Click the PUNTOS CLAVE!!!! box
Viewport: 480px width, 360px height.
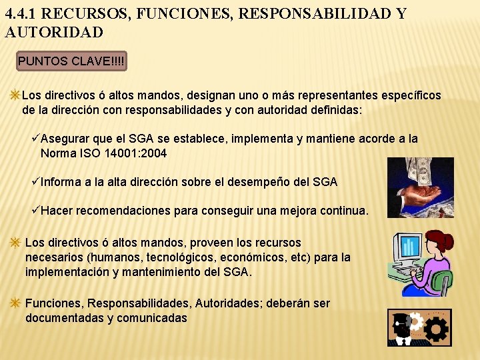pyautogui.click(x=71, y=61)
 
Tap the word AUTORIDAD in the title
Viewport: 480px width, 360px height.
pyautogui.click(x=54, y=32)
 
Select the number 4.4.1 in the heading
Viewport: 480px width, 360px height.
pyautogui.click(x=21, y=14)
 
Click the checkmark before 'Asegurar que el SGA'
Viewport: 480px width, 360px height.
pyautogui.click(x=36, y=139)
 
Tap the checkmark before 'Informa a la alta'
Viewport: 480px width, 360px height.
pyautogui.click(x=36, y=181)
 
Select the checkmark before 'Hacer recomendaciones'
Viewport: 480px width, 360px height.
pyautogui.click(x=36, y=211)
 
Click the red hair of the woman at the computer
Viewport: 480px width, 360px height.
pyautogui.click(x=441, y=240)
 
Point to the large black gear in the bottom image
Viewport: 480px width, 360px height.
pyautogui.click(x=436, y=329)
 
